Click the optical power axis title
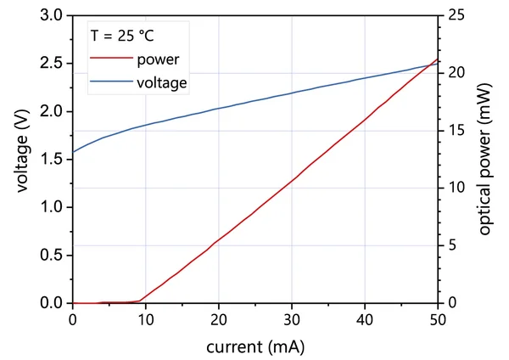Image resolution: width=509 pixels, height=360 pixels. click(x=485, y=160)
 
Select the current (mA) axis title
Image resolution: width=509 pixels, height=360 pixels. click(x=255, y=347)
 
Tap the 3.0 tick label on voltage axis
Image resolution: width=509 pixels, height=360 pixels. click(x=52, y=15)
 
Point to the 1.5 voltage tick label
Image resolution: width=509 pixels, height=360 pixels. click(x=52, y=160)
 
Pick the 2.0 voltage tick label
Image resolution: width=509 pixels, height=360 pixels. click(x=52, y=111)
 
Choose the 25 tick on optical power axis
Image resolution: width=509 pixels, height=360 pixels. click(x=456, y=15)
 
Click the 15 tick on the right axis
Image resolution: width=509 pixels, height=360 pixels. click(x=456, y=130)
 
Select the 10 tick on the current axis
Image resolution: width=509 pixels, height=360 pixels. click(x=146, y=320)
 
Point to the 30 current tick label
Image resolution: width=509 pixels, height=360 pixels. click(x=292, y=320)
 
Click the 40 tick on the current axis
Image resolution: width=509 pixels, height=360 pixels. click(x=365, y=320)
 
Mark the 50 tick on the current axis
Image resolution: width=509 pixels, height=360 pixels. click(x=438, y=320)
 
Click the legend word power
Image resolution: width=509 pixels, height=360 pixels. click(x=156, y=60)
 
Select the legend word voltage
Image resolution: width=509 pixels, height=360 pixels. click(x=160, y=83)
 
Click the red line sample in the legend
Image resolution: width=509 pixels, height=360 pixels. click(x=111, y=60)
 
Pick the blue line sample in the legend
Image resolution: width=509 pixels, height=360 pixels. click(x=111, y=83)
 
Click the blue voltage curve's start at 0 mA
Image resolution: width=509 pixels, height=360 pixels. click(x=74, y=152)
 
